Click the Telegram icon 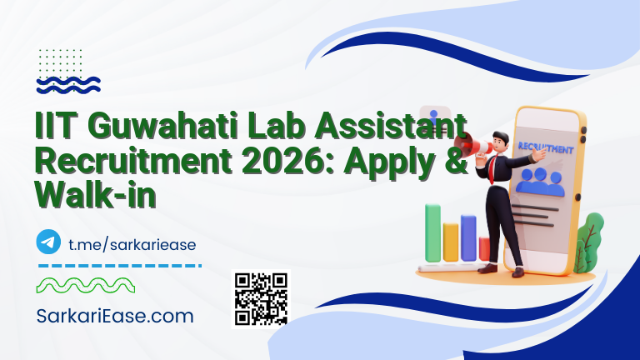[x=49, y=242]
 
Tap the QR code [x=261, y=298]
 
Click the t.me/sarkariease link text [x=132, y=242]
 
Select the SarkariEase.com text [x=115, y=316]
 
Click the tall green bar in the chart [x=432, y=232]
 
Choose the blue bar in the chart [x=468, y=237]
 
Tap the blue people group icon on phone [x=540, y=182]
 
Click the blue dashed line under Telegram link [x=120, y=266]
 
